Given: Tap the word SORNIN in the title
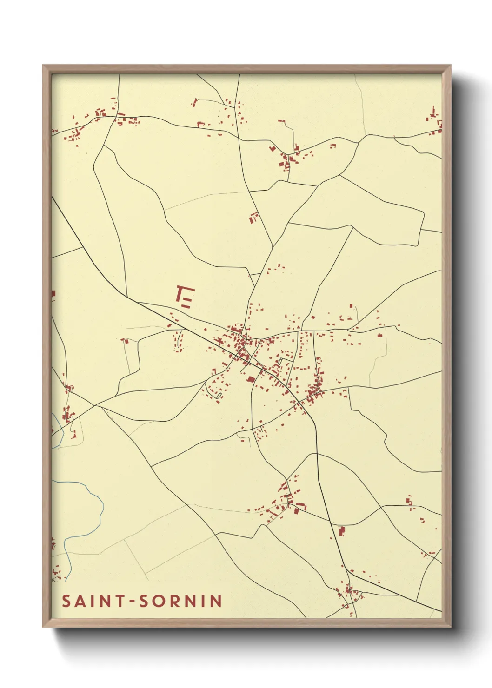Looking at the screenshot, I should click(x=181, y=601).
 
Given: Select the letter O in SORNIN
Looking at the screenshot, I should click(x=159, y=601).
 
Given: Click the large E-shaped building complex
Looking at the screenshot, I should click(x=185, y=298).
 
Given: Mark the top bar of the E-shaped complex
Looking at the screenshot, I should click(x=186, y=288).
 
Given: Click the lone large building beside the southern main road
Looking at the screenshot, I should click(x=342, y=530).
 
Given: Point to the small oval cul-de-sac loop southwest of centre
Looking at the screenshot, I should click(x=218, y=395).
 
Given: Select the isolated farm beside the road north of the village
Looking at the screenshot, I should click(x=253, y=217).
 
